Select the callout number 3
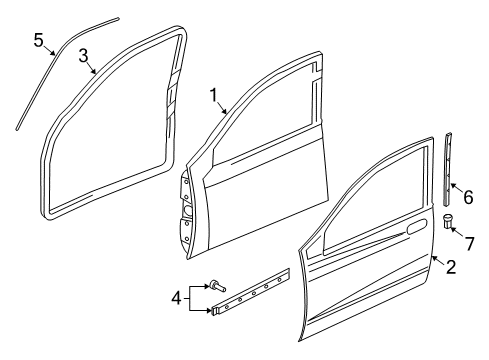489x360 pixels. tap(84, 54)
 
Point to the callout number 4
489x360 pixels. tap(176, 298)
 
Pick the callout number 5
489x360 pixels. tap(38, 40)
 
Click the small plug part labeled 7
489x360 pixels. tap(447, 222)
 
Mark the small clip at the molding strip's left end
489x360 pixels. tap(216, 311)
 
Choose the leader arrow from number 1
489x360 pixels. tap(229, 107)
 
